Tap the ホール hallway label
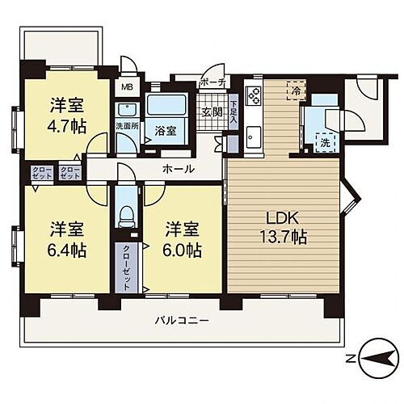click(x=178, y=169)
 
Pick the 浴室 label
click(x=166, y=129)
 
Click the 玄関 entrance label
click(x=212, y=112)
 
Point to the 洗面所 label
click(x=127, y=126)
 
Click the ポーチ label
click(x=213, y=82)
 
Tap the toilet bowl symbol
click(x=126, y=214)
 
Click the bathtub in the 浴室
click(x=166, y=107)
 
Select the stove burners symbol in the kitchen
click(x=252, y=98)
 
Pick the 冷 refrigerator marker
click(x=296, y=90)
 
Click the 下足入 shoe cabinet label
click(x=233, y=109)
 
